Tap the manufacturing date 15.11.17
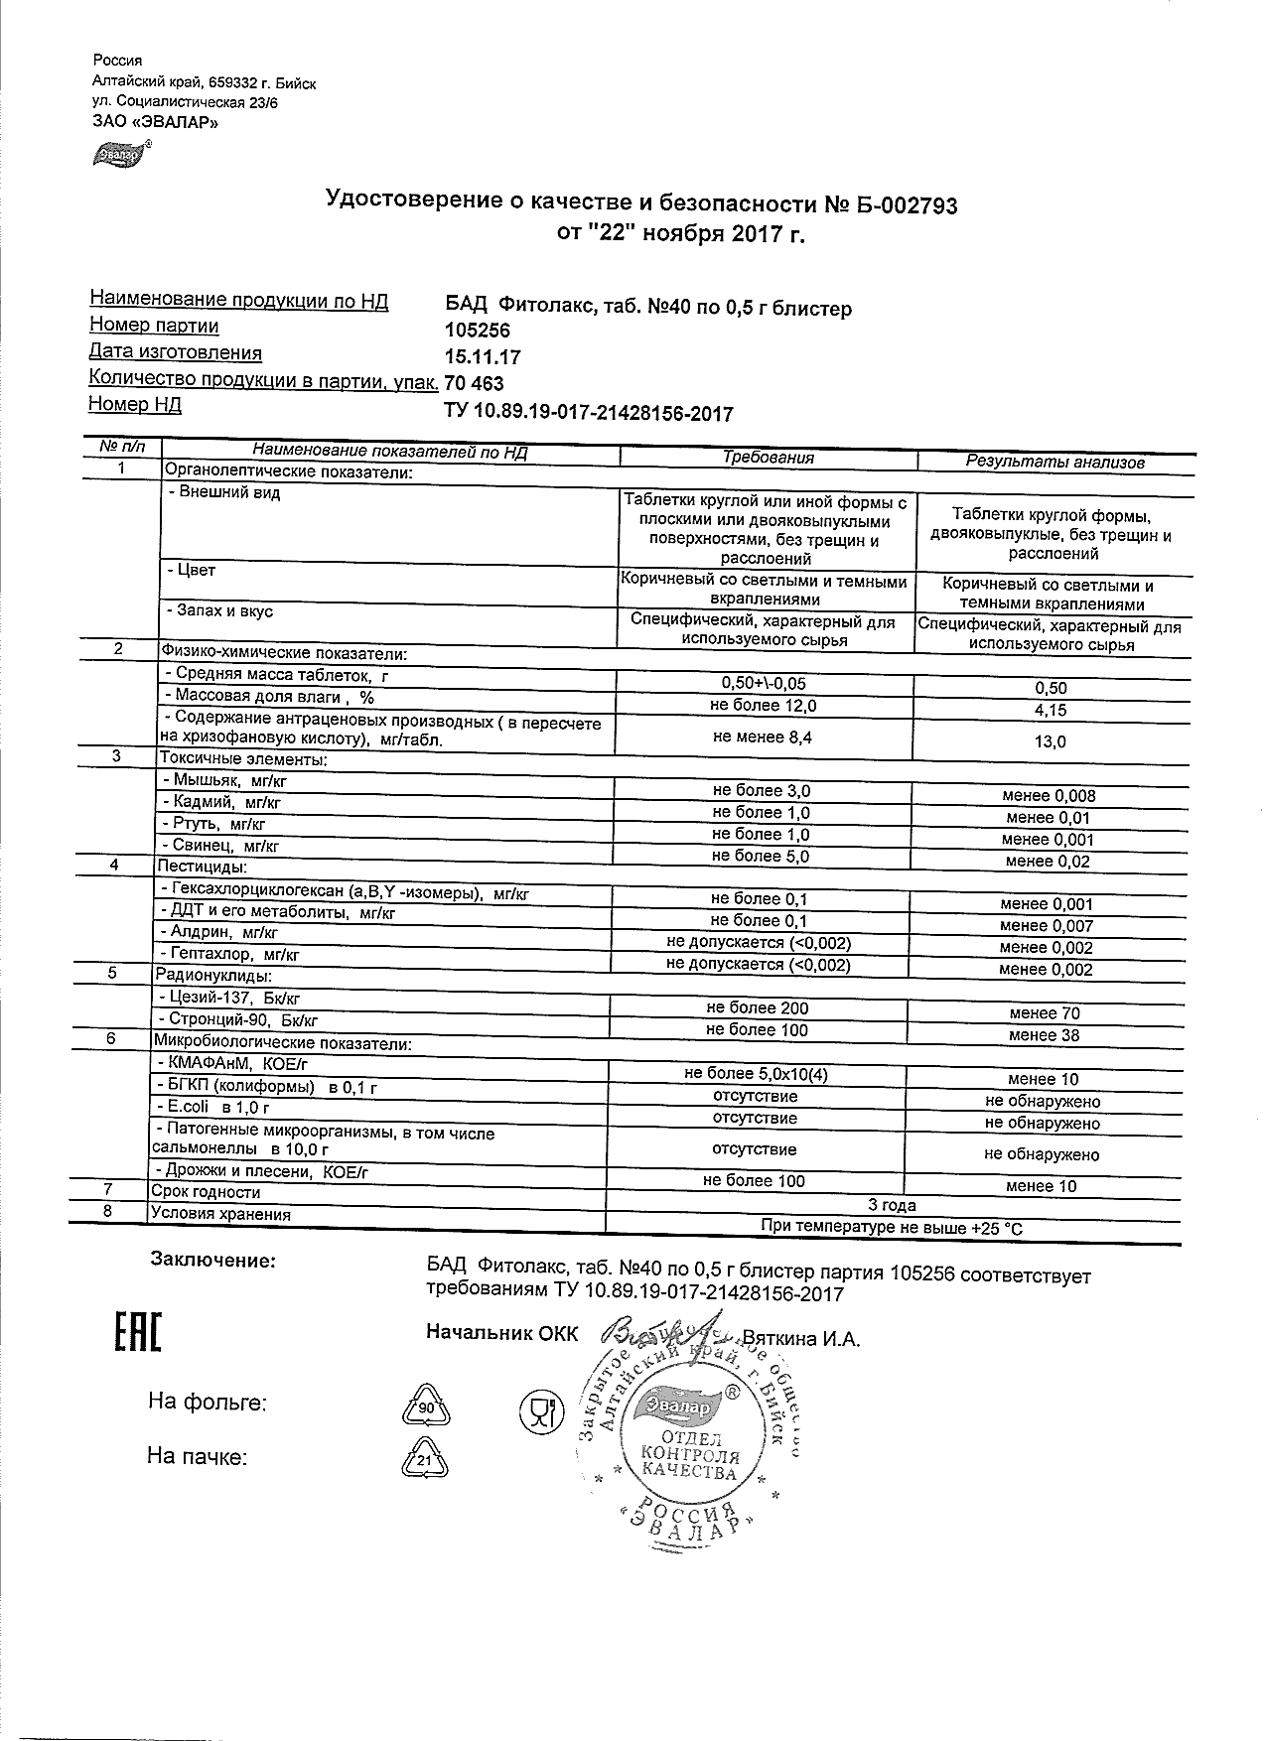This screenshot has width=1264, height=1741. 483,357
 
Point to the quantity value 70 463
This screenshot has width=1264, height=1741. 475,384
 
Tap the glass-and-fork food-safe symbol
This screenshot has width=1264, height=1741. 541,1407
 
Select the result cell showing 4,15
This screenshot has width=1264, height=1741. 1051,710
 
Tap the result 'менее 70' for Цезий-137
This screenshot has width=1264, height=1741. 1045,1013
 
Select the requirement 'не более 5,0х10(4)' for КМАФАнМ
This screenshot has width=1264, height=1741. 757,1074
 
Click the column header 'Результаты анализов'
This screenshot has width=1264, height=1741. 1055,462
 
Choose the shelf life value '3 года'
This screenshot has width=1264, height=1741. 892,1205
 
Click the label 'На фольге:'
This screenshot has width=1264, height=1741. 208,1403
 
